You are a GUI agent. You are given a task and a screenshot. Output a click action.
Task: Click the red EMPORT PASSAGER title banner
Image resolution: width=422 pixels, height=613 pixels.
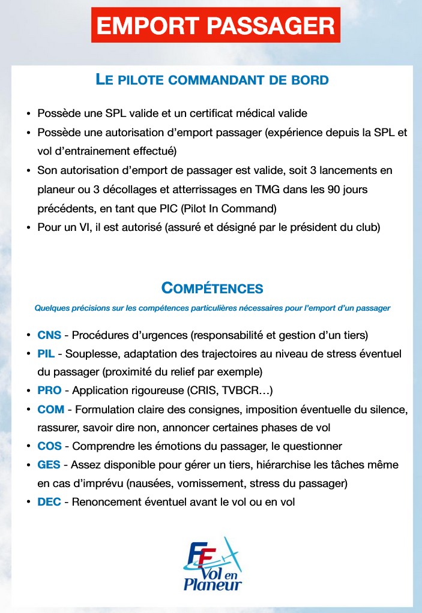[216, 25]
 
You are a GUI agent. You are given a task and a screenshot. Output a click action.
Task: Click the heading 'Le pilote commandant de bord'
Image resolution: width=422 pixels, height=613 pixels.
[212, 80]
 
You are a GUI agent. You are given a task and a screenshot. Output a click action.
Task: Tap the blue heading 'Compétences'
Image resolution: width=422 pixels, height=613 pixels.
[212, 289]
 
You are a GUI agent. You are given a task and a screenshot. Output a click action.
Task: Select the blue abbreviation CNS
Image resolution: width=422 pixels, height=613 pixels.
[49, 335]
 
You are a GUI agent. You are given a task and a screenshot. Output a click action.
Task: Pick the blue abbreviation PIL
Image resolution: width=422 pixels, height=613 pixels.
[46, 353]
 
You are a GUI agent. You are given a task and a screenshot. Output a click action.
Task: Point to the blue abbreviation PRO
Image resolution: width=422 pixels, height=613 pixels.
[49, 390]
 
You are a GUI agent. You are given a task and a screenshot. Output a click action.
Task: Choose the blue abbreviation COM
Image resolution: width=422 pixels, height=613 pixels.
[50, 410]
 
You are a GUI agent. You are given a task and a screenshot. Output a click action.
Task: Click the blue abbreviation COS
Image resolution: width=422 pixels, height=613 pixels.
[49, 446]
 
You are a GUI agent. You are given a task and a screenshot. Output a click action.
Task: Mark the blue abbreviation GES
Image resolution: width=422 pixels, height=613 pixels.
[49, 465]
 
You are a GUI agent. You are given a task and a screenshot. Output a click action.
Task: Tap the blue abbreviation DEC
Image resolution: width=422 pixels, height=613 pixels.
[49, 502]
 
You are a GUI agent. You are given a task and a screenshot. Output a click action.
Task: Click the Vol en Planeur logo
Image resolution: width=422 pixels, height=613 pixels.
[213, 563]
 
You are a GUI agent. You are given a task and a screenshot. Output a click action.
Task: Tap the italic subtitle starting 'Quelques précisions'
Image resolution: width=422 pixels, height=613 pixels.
[212, 308]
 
